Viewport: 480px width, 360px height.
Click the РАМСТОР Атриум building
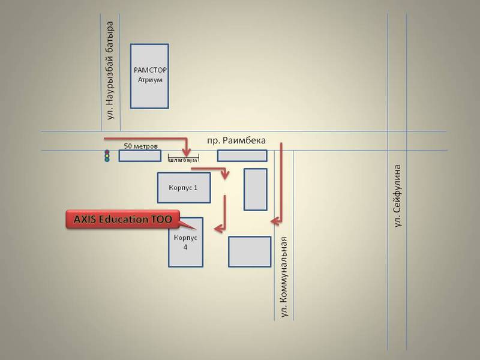coord(149,76)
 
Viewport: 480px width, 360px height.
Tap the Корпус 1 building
coord(184,188)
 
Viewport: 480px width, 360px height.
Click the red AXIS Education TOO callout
coord(122,219)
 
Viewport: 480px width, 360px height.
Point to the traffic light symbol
coord(107,156)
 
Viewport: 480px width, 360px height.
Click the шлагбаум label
coord(184,160)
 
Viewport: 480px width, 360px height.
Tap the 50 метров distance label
coord(141,146)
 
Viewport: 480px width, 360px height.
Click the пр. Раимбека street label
coord(236,140)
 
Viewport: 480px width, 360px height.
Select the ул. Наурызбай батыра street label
coord(110,70)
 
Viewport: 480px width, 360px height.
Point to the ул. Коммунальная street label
coord(284,277)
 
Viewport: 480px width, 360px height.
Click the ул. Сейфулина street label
coord(397,196)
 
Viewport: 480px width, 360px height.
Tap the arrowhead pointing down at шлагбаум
coord(187,152)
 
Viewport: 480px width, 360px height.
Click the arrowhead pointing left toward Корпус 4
coord(218,229)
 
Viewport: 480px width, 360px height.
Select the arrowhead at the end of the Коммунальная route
coord(275,221)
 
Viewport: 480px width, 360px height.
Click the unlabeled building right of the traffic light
coord(140,156)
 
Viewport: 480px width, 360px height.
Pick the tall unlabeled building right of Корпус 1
coord(256,190)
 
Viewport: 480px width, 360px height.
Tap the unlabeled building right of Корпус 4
coord(250,251)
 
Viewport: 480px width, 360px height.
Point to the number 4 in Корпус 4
coord(185,247)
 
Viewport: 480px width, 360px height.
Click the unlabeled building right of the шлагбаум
coord(242,156)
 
